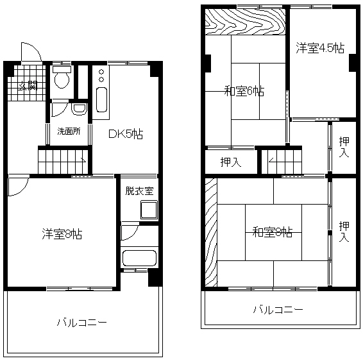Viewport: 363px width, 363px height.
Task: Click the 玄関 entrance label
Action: [28, 86]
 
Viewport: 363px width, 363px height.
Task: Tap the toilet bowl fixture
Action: [62, 78]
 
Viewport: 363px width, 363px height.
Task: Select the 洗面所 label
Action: [69, 131]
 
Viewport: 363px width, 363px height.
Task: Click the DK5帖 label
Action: [126, 134]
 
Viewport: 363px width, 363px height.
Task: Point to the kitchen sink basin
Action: [101, 99]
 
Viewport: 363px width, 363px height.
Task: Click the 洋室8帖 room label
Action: [62, 234]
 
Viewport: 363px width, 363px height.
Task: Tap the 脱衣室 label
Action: [139, 190]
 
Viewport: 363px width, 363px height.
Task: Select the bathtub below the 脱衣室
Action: [139, 258]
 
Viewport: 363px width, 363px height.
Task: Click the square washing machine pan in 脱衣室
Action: [149, 210]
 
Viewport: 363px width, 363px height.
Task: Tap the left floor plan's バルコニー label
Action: [82, 323]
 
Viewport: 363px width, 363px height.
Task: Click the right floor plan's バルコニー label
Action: [278, 310]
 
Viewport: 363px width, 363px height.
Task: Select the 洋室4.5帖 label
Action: [320, 48]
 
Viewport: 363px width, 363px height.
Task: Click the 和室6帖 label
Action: [244, 91]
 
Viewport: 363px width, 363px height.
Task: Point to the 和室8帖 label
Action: [272, 232]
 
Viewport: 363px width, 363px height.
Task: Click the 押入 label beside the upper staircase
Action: [231, 162]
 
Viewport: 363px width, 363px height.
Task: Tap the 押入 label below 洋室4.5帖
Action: [344, 147]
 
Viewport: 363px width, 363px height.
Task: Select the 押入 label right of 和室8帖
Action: [344, 232]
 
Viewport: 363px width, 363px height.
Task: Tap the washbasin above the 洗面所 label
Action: [79, 109]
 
